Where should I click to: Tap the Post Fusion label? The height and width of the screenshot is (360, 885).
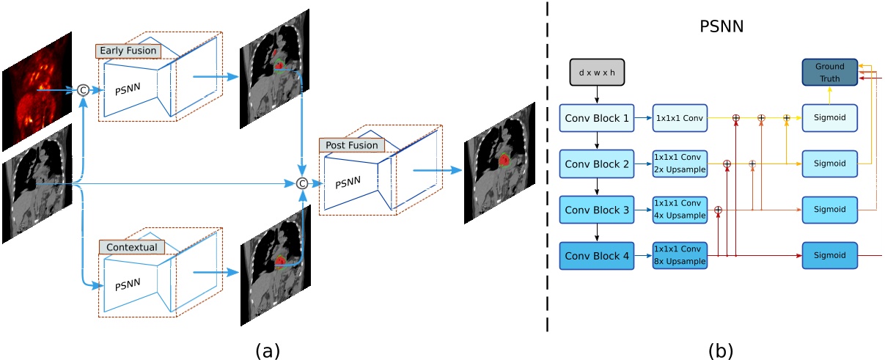tap(350, 145)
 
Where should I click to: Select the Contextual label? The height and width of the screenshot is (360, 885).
tap(132, 248)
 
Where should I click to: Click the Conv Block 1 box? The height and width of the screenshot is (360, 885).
tap(597, 117)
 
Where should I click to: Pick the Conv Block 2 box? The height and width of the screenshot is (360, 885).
tap(597, 164)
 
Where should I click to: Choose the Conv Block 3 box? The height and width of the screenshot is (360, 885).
tap(597, 210)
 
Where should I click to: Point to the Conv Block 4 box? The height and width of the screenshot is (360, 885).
tap(597, 256)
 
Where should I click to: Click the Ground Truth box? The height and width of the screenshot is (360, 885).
tap(829, 72)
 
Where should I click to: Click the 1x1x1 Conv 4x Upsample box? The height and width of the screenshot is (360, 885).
tap(680, 210)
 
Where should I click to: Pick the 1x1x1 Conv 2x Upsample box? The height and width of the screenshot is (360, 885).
tap(680, 164)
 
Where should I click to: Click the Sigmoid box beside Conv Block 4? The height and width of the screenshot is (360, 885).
tap(829, 256)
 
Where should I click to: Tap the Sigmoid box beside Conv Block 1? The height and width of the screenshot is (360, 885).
tap(829, 117)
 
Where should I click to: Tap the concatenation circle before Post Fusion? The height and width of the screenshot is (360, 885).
tap(301, 184)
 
